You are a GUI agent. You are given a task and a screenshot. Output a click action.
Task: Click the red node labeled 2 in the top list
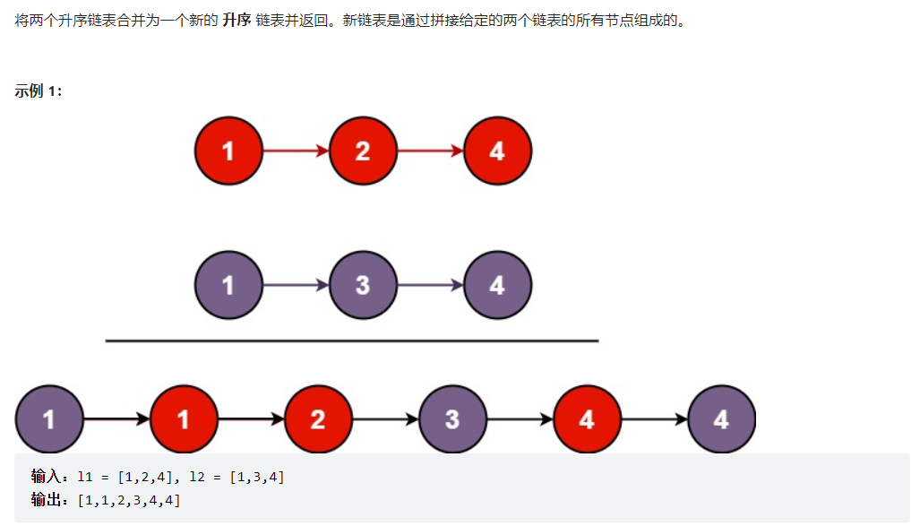363,151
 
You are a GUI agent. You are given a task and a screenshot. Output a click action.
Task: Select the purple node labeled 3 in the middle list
363,285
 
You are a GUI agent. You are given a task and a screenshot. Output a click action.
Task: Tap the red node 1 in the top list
228,151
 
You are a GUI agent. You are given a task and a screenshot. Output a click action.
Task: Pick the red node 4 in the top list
497,151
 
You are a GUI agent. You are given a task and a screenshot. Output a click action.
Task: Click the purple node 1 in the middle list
228,285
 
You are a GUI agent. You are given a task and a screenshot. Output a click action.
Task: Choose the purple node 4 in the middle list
497,285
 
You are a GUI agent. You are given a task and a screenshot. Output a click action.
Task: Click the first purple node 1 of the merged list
49,419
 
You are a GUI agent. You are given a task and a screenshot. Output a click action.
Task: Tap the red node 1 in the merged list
184,419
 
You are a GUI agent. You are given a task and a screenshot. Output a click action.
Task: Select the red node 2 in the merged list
318,419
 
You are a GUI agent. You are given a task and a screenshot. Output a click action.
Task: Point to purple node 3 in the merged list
452,419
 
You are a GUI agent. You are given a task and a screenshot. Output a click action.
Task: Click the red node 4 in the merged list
587,419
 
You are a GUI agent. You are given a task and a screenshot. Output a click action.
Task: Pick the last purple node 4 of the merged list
721,419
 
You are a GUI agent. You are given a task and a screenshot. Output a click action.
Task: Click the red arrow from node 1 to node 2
297,151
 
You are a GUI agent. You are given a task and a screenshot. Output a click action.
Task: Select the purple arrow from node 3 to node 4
431,285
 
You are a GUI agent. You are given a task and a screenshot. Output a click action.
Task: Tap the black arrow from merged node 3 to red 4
520,419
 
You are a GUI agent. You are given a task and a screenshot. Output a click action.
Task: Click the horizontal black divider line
352,341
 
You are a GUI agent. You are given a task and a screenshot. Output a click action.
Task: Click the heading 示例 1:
39,91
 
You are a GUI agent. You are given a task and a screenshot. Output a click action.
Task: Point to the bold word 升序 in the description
237,21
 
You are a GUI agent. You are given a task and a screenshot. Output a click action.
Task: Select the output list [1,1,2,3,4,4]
129,500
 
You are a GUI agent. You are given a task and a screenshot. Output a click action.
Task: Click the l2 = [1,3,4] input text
236,477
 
